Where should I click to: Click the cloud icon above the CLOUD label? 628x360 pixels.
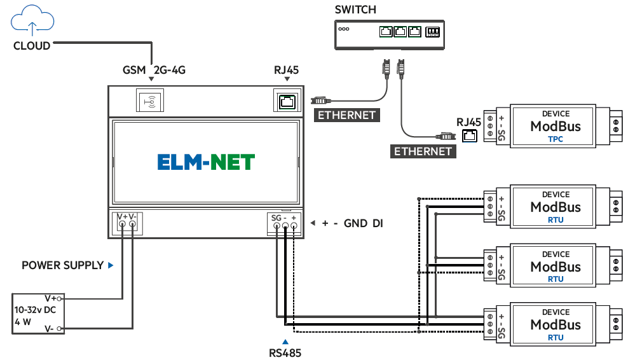pos(32,19)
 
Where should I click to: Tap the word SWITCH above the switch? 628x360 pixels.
pos(355,10)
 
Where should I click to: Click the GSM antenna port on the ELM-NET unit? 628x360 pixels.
pos(151,100)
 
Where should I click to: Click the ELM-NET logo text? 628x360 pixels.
pos(206,162)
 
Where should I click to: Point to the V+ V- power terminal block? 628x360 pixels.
pos(127,223)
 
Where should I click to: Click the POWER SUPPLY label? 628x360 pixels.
pos(62,265)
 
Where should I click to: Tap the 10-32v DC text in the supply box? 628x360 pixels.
pos(35,310)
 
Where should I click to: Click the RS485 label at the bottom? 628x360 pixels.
pos(285,351)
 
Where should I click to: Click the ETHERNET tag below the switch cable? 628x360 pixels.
pos(423,151)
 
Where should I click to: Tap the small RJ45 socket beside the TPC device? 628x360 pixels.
pos(469,135)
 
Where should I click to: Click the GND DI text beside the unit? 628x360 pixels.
pos(363,223)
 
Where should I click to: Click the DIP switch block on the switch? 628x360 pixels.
pos(432,31)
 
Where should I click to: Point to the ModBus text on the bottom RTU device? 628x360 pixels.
pos(556,324)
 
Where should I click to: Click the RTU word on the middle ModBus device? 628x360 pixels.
pos(555,279)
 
